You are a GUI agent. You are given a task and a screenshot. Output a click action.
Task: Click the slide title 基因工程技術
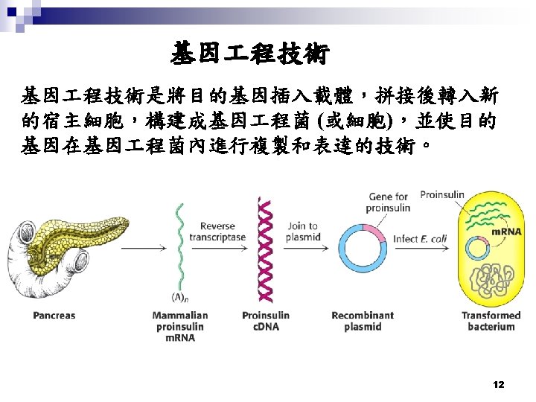[x=250, y=54]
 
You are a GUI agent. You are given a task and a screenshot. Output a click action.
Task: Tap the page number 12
[x=499, y=385]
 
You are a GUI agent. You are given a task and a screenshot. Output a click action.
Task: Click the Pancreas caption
[x=54, y=315]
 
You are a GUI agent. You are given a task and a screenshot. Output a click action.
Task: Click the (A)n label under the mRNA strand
[x=180, y=297]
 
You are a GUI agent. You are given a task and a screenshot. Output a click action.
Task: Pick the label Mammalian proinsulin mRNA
[x=180, y=327]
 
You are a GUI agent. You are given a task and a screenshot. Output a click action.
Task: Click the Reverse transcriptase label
[x=217, y=232]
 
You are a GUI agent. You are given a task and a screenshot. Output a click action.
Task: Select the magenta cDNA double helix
[x=265, y=250]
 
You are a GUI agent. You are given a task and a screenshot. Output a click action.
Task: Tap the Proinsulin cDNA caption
[x=266, y=321]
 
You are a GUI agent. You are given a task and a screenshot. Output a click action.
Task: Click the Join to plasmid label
[x=303, y=231]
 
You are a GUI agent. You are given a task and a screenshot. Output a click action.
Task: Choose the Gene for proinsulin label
[x=388, y=202]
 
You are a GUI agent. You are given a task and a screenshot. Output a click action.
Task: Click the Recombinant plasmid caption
[x=363, y=321]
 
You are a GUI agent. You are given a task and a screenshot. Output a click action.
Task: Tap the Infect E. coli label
[x=420, y=239]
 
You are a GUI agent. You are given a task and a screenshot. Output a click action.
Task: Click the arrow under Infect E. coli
[x=422, y=248]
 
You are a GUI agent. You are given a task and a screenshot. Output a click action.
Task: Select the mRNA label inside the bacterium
[x=507, y=232]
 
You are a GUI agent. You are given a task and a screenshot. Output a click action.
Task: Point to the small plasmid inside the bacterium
[x=478, y=246]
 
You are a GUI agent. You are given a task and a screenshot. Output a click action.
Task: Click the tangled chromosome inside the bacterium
[x=492, y=279]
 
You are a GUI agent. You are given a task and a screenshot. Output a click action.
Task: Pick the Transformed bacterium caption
[x=491, y=321]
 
